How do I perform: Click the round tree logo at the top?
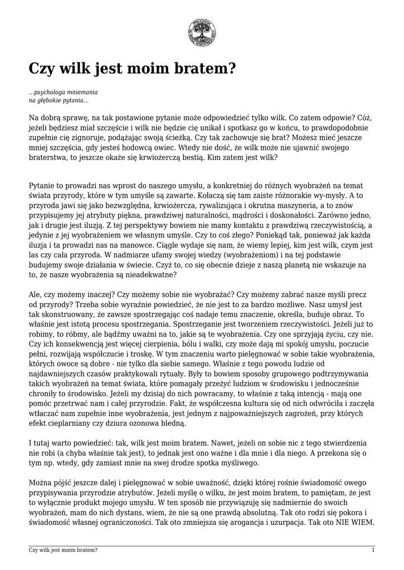(202, 32)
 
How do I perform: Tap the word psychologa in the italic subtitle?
(53, 92)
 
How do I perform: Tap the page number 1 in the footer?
(373, 550)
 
